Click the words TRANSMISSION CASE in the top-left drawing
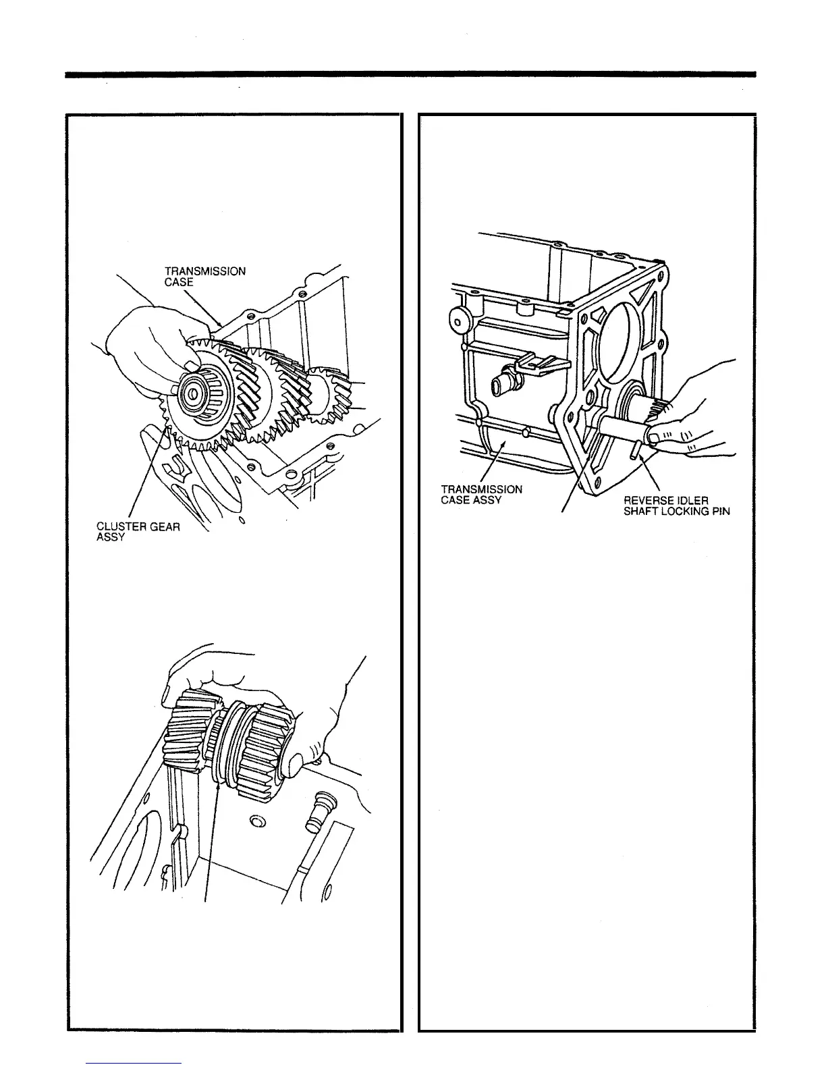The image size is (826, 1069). (204, 276)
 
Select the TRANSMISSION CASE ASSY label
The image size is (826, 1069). (481, 495)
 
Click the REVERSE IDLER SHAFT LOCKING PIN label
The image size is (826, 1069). (676, 505)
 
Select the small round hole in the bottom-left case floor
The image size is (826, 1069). (256, 821)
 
